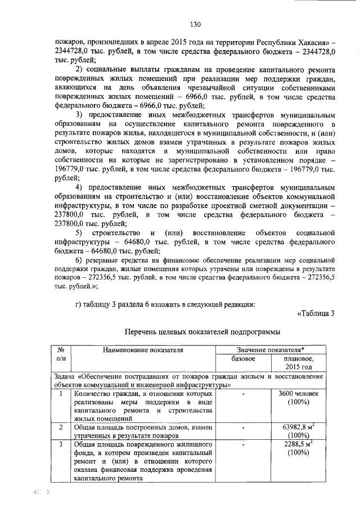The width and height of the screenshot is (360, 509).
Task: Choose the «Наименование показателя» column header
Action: [x=143, y=350]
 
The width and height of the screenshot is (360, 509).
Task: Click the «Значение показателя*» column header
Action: [x=274, y=350]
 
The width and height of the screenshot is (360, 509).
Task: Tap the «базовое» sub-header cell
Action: [x=244, y=359]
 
